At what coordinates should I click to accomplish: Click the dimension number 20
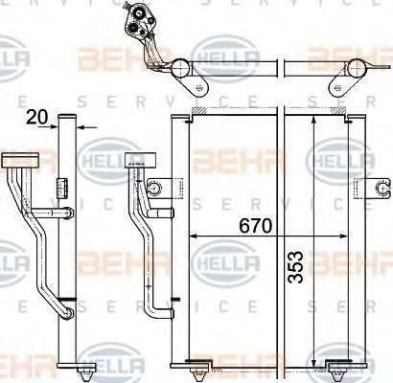click(x=37, y=118)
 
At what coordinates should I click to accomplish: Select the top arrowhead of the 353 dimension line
click(x=314, y=122)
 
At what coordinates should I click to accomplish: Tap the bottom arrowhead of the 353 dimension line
click(x=314, y=356)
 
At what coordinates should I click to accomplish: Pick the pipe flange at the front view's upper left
click(x=135, y=161)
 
